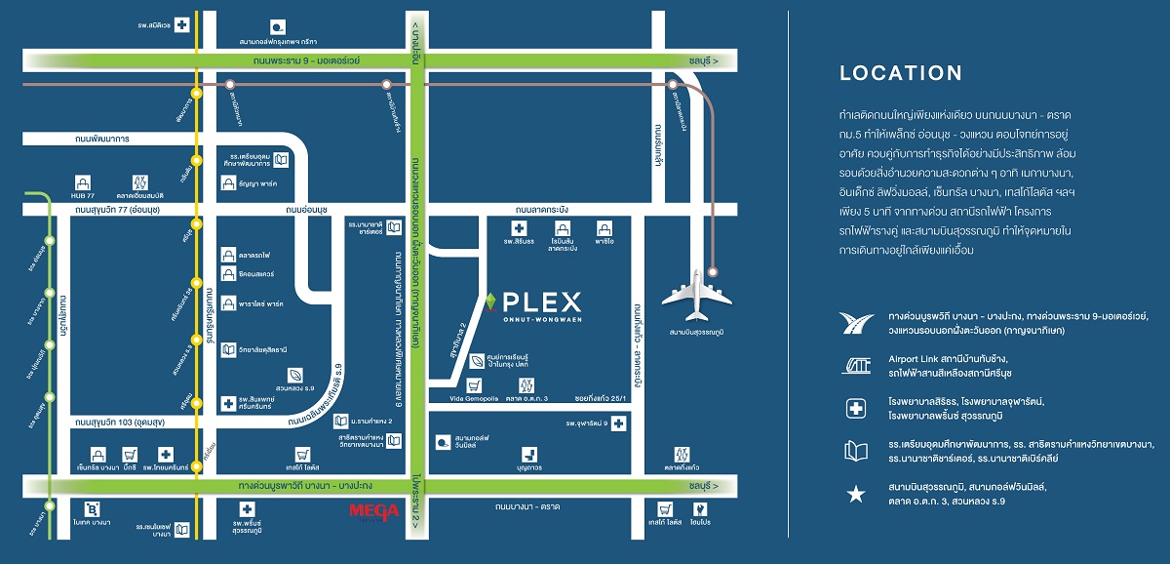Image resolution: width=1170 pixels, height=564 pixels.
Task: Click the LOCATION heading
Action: [x=901, y=73]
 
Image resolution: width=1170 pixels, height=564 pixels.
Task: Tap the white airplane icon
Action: [x=697, y=294]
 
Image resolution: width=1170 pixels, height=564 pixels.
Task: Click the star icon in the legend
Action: [x=855, y=495]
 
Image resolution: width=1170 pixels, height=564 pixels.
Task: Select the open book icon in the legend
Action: [x=855, y=450]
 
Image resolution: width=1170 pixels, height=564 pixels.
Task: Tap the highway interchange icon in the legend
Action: [x=855, y=321]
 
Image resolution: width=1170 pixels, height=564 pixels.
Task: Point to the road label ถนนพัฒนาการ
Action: [x=101, y=140]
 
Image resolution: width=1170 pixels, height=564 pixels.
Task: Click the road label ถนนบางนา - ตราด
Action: [x=526, y=506]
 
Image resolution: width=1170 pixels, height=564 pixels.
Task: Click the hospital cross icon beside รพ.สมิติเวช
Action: [x=181, y=25]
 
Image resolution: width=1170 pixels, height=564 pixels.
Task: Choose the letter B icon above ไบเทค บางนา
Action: [x=93, y=508]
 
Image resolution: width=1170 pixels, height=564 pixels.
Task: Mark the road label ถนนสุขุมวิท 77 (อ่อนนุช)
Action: [x=114, y=209]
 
